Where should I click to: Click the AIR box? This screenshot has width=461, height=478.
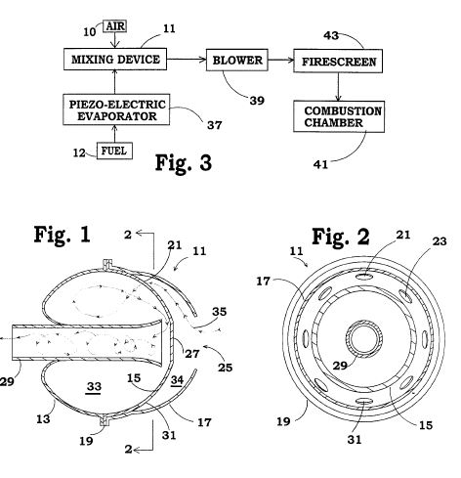click(114, 26)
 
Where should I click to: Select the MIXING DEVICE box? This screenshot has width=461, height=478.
click(115, 59)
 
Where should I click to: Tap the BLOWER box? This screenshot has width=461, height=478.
click(237, 60)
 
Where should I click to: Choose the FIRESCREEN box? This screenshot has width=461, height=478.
click(338, 61)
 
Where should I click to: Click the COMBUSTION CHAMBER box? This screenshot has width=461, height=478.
click(339, 116)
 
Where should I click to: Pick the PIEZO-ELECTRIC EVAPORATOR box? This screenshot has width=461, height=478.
click(116, 109)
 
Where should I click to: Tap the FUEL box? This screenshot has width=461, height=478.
click(114, 151)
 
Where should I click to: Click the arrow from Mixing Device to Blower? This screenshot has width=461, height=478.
click(187, 60)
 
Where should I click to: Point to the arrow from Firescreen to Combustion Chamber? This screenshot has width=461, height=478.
click(338, 87)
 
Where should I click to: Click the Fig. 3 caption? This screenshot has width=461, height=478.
click(184, 162)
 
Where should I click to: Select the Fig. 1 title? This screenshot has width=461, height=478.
click(62, 234)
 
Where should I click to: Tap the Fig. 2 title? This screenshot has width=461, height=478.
click(341, 237)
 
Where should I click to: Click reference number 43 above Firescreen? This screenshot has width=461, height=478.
click(331, 35)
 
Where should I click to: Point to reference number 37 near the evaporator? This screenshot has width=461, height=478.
click(215, 125)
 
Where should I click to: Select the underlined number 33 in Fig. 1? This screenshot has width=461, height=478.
click(94, 387)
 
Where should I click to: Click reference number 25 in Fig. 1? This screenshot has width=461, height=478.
click(225, 368)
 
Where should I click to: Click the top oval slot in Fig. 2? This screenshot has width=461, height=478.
click(364, 277)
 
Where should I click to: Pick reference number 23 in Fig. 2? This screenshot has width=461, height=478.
click(440, 241)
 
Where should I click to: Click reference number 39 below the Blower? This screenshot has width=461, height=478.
click(257, 101)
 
